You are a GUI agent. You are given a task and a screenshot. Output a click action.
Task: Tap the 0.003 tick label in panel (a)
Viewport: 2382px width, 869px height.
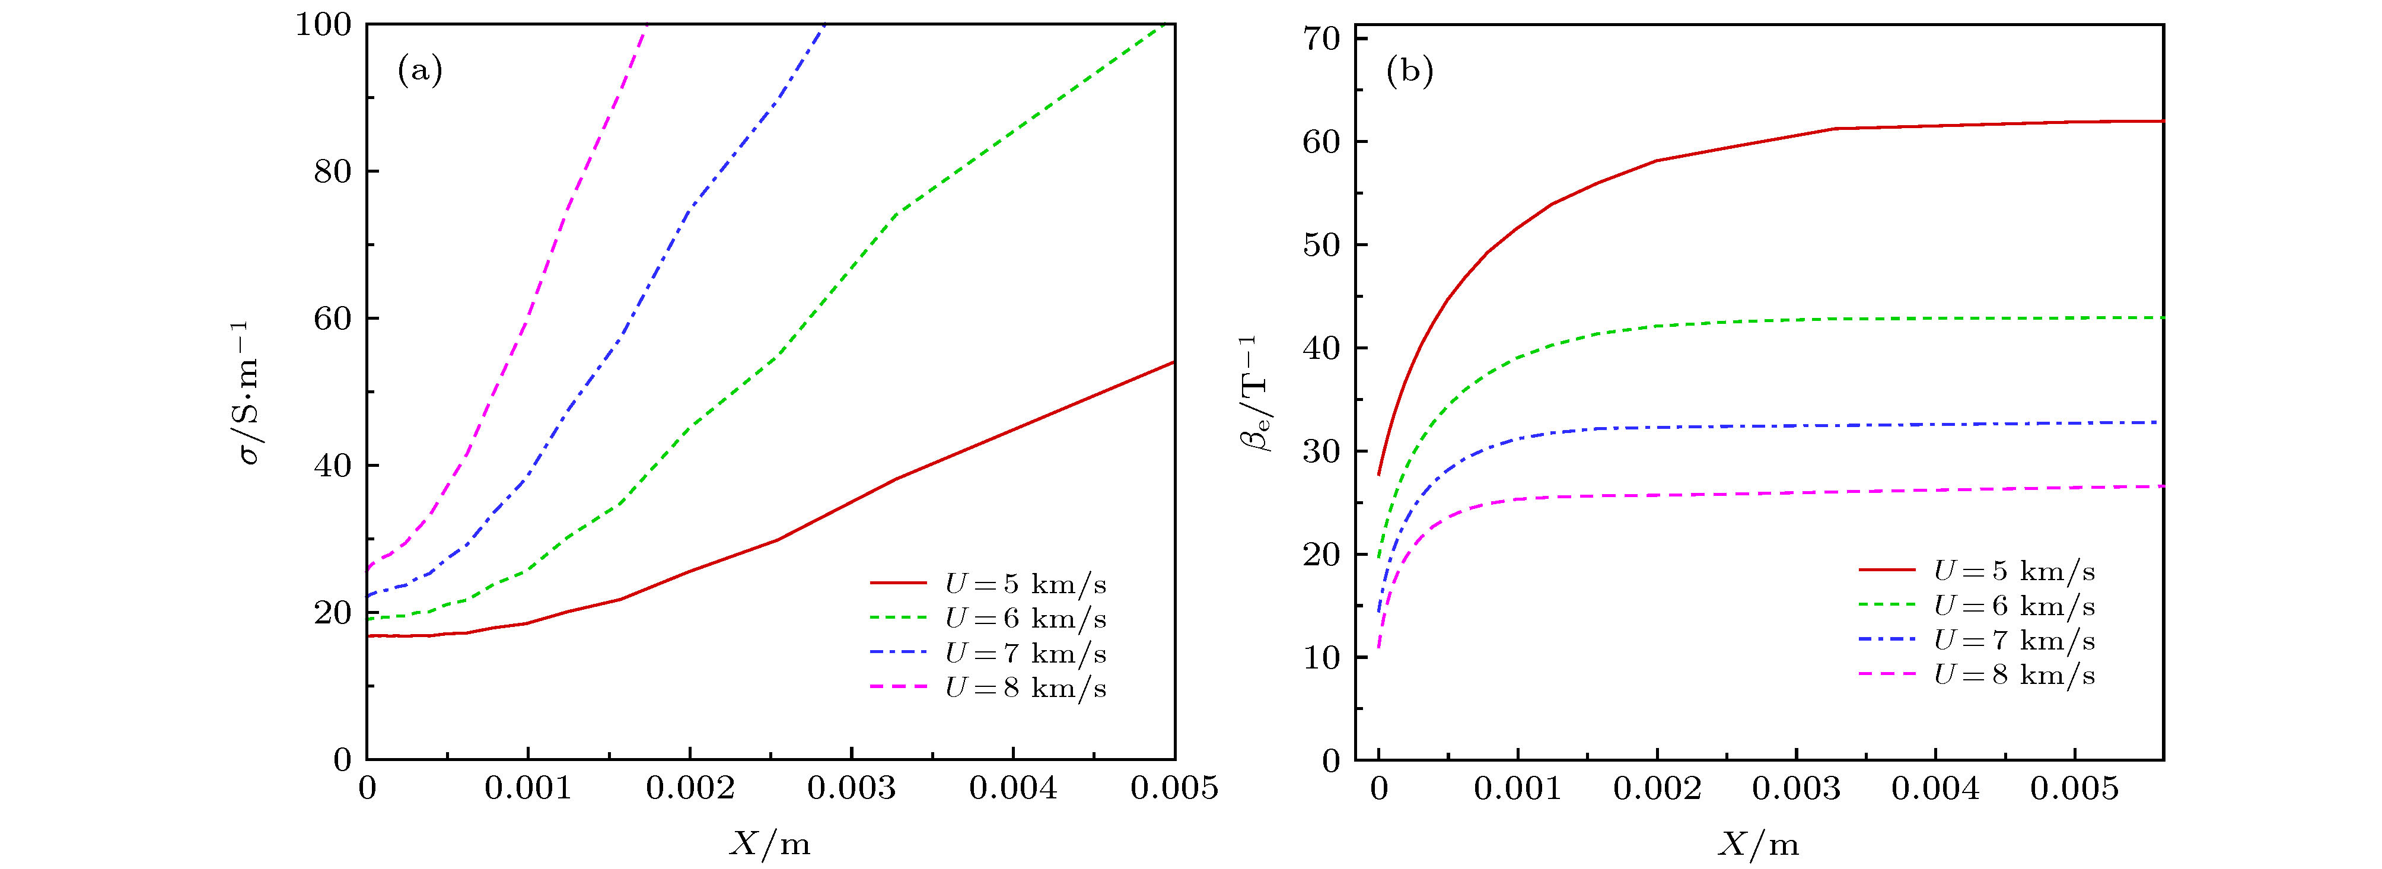851,788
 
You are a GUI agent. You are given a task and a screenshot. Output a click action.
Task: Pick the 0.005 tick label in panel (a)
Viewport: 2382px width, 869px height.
1174,788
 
